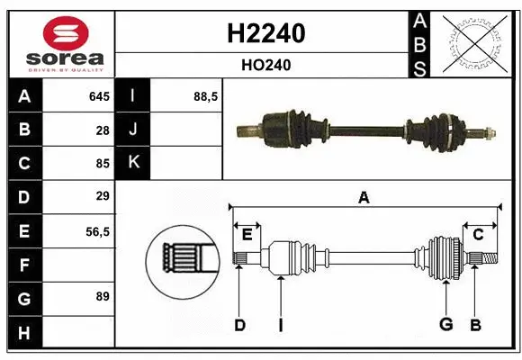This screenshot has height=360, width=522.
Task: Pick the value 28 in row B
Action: click(x=102, y=130)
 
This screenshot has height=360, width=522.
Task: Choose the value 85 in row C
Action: click(x=102, y=164)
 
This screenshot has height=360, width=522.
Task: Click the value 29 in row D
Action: click(x=102, y=196)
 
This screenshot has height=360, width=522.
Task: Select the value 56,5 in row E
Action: click(x=97, y=231)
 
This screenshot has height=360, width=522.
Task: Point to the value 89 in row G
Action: click(x=102, y=296)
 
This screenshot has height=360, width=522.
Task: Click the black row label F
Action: click(x=23, y=265)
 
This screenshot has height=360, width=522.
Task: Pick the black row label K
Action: click(x=133, y=164)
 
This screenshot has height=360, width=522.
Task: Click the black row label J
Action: click(x=133, y=130)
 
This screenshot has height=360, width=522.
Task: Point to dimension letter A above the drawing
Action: click(x=364, y=198)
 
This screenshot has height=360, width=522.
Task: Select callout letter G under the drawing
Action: click(x=445, y=325)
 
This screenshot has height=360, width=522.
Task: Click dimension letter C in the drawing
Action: click(x=479, y=235)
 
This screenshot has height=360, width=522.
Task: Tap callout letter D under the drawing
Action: click(x=239, y=325)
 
